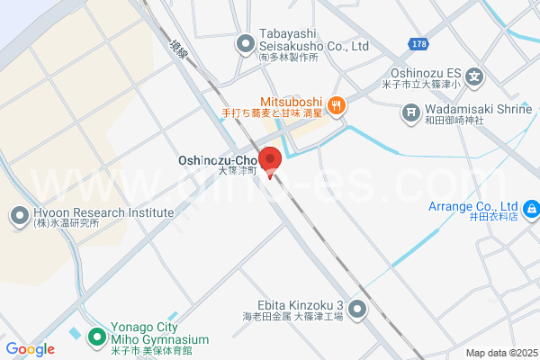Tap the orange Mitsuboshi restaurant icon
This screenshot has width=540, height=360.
tap(337, 104)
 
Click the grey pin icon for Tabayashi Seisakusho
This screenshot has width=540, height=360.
tap(245, 42)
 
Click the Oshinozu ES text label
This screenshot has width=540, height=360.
tap(427, 75)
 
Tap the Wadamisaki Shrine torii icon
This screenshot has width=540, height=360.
tap(410, 113)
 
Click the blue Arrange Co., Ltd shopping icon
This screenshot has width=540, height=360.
tap(531, 210)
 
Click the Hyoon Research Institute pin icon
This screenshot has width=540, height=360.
tap(19, 215)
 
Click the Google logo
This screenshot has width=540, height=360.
tap(30, 349)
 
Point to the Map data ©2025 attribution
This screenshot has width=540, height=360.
tap(500, 353)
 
